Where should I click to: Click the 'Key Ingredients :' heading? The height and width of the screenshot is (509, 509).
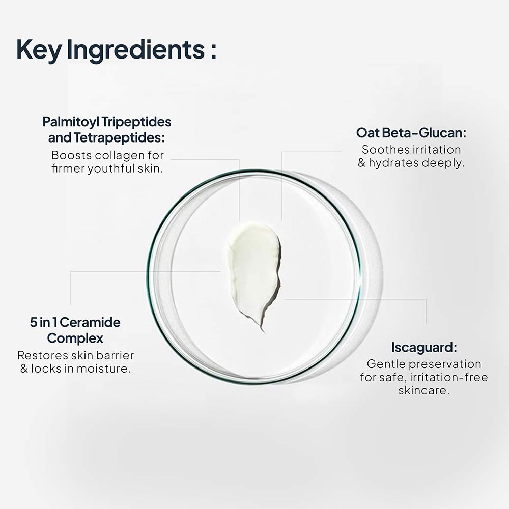116,50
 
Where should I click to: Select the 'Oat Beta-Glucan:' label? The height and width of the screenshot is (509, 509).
411,133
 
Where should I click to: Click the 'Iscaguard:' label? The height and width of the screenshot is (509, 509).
424,348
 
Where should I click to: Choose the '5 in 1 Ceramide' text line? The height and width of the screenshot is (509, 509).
75,322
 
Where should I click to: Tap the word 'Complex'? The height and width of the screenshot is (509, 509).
75,338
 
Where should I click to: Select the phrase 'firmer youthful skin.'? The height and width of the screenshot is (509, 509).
107,168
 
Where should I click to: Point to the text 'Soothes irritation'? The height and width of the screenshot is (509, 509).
411,150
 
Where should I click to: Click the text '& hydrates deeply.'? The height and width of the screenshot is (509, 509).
411,163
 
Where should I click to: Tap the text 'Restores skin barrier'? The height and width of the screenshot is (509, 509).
75,355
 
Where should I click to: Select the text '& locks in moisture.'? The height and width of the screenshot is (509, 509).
75,368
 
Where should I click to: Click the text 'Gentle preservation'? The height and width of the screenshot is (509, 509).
424,364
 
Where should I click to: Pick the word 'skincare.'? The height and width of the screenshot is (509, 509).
424,391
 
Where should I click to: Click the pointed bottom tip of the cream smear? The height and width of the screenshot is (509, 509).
263,330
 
